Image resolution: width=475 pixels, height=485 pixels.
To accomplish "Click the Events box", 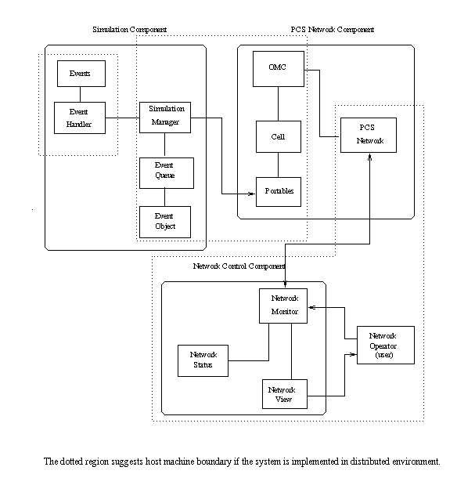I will pos(80,74).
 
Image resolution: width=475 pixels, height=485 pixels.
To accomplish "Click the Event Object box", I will pos(164,221).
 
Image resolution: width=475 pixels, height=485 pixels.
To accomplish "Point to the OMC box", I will pos(278,69).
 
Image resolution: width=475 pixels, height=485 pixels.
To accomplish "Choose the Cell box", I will pos(278,136).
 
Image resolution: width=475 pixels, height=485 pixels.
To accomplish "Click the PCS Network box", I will pos(368,134).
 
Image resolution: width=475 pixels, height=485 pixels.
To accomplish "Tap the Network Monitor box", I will pos(283,306).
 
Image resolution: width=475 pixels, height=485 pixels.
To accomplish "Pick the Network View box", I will pos(283,395).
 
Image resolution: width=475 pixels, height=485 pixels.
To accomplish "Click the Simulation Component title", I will pos(129,30).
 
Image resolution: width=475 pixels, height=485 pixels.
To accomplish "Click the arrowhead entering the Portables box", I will pos(253,193).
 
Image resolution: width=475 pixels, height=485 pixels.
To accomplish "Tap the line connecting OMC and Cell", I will pos(278,103).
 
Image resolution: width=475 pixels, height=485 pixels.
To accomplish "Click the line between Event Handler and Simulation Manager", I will pos(122,118).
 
